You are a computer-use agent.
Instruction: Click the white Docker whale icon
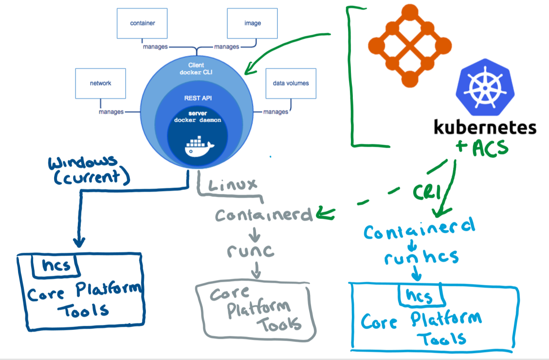point(199,146)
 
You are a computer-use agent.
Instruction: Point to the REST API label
point(198,98)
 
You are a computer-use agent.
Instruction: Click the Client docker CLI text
point(196,69)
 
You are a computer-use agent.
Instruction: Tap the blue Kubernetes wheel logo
point(485,87)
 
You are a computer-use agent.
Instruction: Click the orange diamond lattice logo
point(410,46)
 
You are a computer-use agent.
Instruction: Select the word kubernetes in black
point(485,127)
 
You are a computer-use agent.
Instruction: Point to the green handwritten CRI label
point(426,191)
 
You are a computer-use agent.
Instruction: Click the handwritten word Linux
point(233,185)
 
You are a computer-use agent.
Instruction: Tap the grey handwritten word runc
point(251,251)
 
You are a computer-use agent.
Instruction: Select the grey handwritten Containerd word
point(264,215)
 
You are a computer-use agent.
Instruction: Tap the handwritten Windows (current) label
point(89,170)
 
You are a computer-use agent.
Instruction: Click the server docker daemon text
point(198,117)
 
